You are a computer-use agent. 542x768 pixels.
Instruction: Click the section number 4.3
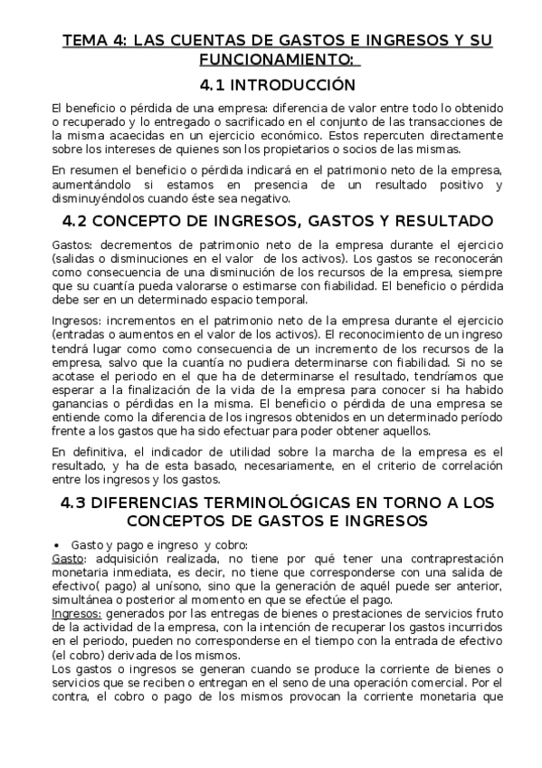coord(77,504)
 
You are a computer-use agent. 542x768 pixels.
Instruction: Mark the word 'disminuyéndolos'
coord(95,199)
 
